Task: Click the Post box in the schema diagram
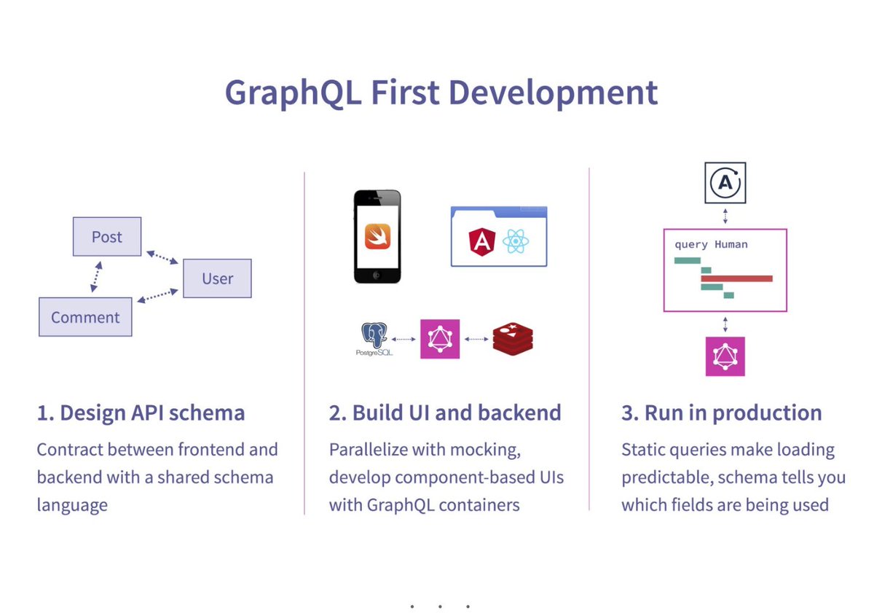point(107,237)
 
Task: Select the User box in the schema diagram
point(217,278)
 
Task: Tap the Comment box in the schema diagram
point(85,317)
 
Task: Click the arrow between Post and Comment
point(95,277)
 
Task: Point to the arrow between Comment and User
point(157,294)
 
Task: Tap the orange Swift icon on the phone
point(377,235)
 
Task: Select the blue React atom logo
point(515,241)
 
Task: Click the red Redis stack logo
point(513,339)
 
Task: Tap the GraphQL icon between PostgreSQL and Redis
point(440,339)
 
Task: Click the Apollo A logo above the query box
point(725,182)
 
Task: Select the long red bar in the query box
point(736,278)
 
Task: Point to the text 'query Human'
point(711,245)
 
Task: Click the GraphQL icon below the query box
point(725,356)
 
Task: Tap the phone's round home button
point(377,275)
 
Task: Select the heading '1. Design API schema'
point(141,413)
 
